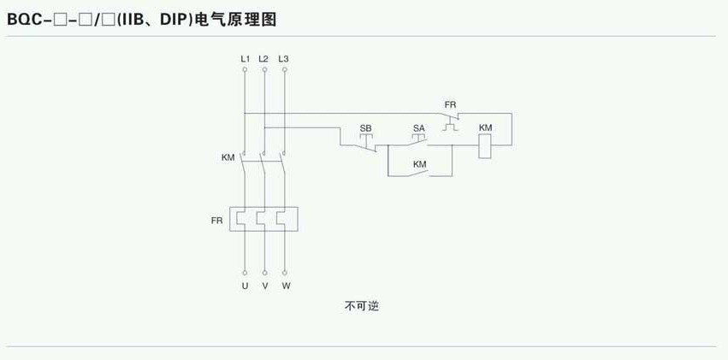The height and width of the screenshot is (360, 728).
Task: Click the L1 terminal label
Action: tap(245, 58)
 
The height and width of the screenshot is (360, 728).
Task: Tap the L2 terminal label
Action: tap(263, 58)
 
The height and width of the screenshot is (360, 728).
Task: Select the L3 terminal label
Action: tap(284, 58)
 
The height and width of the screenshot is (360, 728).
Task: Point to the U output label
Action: tap(245, 286)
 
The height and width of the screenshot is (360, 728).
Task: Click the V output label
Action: tap(265, 286)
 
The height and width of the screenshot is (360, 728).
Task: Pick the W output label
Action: tap(286, 286)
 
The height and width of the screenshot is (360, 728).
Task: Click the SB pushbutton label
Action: tap(365, 127)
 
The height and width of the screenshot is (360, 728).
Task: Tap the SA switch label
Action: tap(418, 127)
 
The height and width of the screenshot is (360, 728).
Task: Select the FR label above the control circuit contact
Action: tap(450, 104)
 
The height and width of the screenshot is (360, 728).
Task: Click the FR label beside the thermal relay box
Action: tap(216, 221)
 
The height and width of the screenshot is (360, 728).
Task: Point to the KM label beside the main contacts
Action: tap(228, 157)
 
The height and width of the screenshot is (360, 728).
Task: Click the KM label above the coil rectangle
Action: tap(485, 127)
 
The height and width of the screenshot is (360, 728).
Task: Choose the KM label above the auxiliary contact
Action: tap(419, 163)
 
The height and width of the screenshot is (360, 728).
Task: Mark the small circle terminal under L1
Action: tap(245, 70)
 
